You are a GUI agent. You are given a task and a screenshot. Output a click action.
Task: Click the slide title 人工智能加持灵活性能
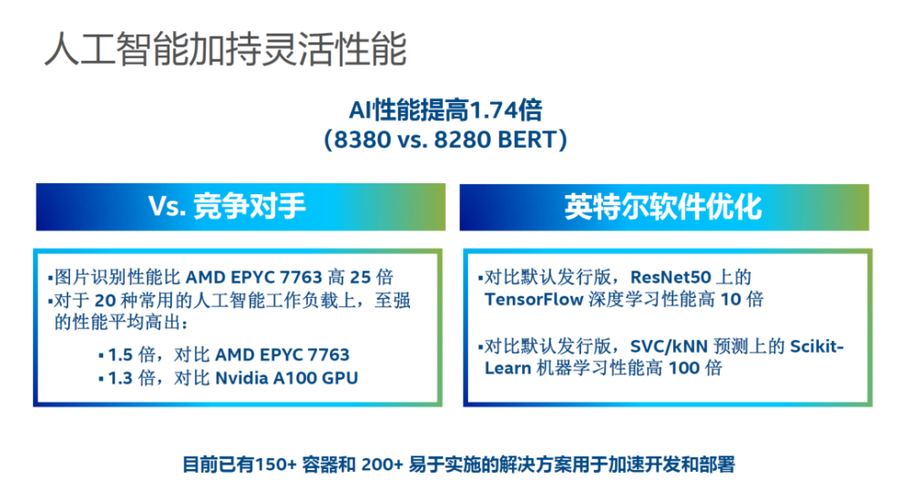click(225, 49)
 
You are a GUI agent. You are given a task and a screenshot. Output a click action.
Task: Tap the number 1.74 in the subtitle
click(493, 110)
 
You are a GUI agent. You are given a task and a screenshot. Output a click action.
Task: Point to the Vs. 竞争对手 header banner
click(241, 208)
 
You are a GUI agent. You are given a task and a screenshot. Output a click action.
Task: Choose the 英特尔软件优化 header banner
click(664, 208)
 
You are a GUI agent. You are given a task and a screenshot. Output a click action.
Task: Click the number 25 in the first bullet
click(360, 277)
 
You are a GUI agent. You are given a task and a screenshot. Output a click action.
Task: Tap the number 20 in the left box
click(105, 301)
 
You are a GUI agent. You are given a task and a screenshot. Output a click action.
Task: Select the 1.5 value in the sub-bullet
click(120, 354)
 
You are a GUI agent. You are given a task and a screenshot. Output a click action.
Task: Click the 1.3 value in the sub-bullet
click(120, 378)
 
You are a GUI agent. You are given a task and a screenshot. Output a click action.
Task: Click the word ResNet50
click(670, 277)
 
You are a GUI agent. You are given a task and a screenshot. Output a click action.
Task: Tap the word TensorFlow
click(534, 299)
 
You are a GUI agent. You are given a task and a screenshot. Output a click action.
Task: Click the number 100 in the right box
click(684, 368)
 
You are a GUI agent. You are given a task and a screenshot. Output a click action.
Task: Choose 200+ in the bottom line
click(383, 465)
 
